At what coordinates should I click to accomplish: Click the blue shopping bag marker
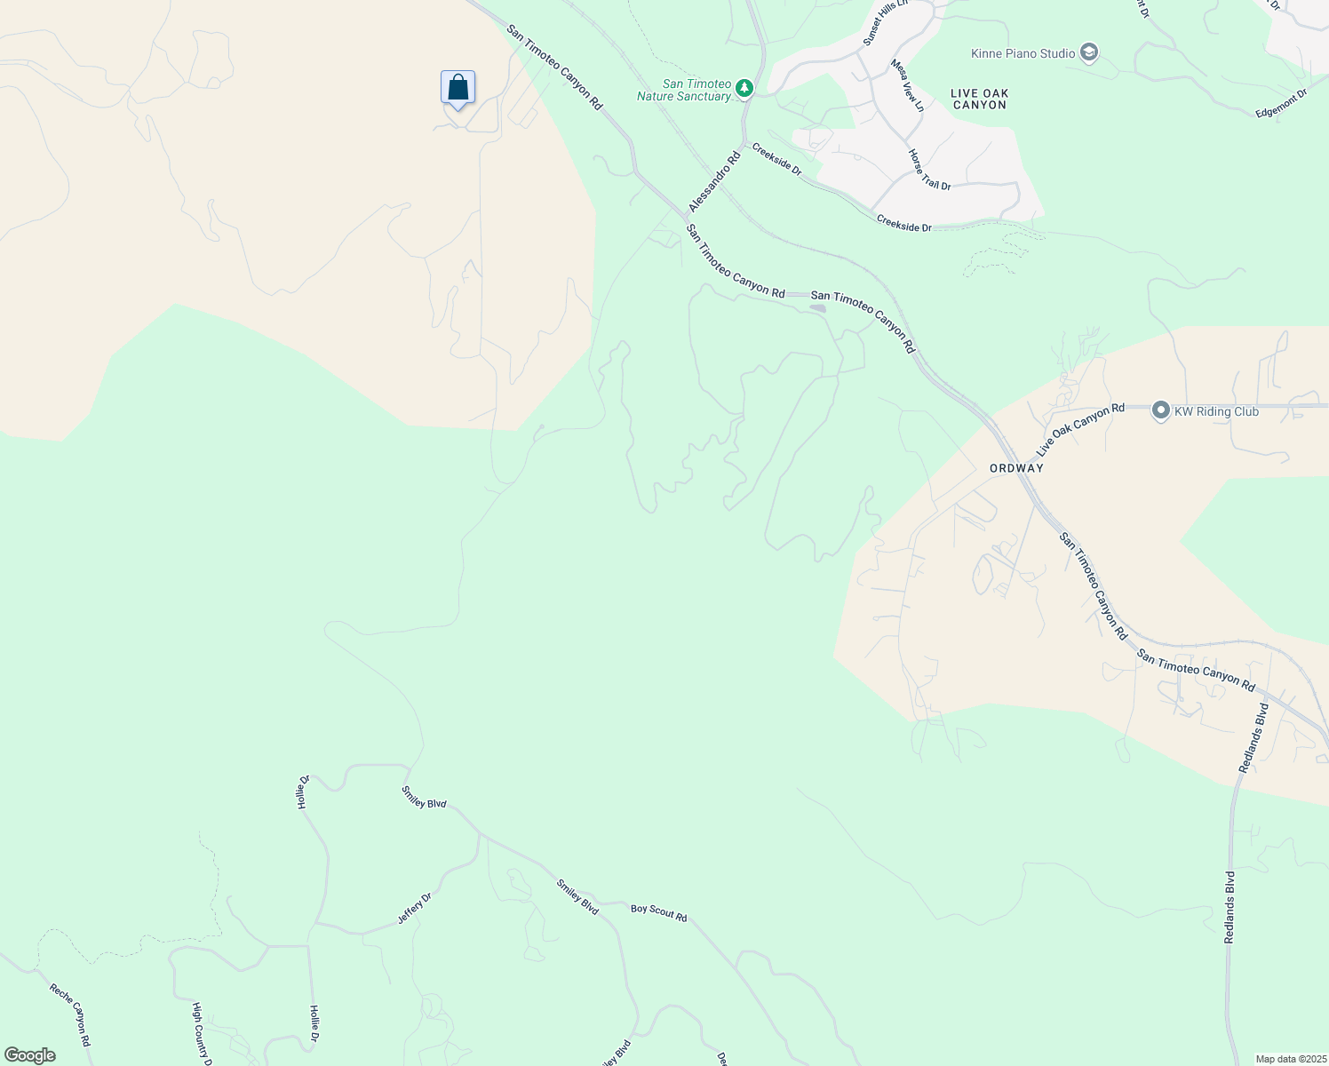(x=458, y=89)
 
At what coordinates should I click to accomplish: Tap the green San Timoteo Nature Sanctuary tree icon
(x=744, y=89)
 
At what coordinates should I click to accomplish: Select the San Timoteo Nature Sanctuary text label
(x=684, y=90)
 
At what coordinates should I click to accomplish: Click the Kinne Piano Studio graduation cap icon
(x=1089, y=53)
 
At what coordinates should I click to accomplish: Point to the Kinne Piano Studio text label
(x=1023, y=53)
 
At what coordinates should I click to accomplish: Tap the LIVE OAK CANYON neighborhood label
(x=979, y=99)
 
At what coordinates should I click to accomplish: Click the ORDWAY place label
(x=1016, y=468)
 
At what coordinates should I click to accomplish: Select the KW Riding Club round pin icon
(x=1160, y=410)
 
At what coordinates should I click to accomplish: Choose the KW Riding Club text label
(x=1216, y=411)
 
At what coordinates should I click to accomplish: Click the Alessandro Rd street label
(x=713, y=182)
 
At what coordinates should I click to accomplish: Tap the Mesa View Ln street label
(x=908, y=85)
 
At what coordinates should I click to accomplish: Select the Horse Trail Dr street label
(x=929, y=170)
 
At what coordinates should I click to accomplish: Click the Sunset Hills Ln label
(x=886, y=23)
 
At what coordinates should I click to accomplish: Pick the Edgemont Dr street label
(x=1282, y=103)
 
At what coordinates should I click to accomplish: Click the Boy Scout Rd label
(x=658, y=912)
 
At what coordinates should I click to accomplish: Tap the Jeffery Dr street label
(x=414, y=908)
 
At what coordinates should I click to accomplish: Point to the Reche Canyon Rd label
(x=70, y=1014)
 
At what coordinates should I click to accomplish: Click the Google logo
(x=30, y=1055)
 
